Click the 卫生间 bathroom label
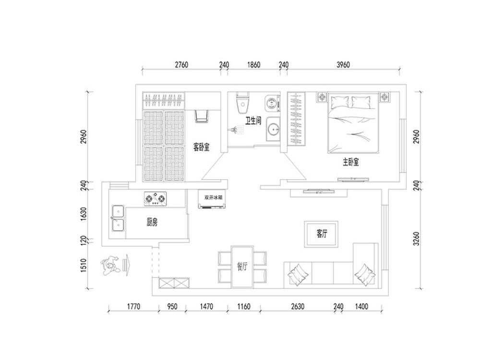(253, 120)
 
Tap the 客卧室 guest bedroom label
(202, 147)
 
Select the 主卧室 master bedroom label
(351, 162)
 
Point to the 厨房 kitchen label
(152, 222)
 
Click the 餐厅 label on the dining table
(242, 266)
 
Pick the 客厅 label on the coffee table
(322, 234)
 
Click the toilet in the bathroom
(242, 102)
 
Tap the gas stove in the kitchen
(156, 199)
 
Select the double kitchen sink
(118, 218)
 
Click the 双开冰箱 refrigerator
(212, 199)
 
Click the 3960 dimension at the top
(343, 65)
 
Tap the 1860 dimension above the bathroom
(253, 65)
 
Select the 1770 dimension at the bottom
(133, 306)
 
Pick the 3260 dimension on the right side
(416, 239)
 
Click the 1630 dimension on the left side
(84, 214)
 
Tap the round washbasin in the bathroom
(273, 129)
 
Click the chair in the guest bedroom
(202, 116)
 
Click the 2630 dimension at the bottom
(298, 306)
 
